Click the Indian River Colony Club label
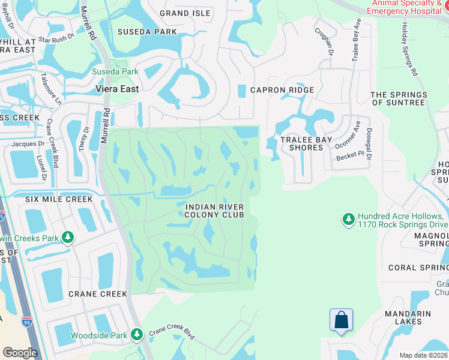coord(214,210)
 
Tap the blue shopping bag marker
coord(341,320)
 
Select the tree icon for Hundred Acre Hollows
coord(348,220)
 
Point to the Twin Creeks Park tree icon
coord(68,238)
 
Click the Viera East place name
coord(117,89)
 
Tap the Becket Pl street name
coord(350,155)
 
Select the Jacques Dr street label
coord(29,144)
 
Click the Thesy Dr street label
coord(85,138)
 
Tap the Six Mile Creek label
coord(59,199)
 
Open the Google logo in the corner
coord(20,353)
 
